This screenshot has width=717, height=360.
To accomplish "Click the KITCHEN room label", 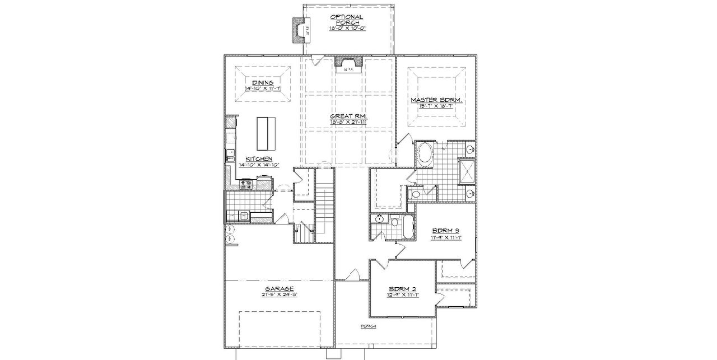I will pyautogui.click(x=255, y=159).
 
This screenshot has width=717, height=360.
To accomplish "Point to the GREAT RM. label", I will pyautogui.click(x=347, y=116).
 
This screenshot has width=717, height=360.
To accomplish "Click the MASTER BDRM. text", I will pyautogui.click(x=436, y=100).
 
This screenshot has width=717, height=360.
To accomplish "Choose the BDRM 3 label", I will pyautogui.click(x=446, y=231).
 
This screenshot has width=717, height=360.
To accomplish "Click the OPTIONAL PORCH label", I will pyautogui.click(x=347, y=20).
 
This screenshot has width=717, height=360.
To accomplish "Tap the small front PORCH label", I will pyautogui.click(x=368, y=326).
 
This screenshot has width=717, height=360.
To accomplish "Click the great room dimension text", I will pyautogui.click(x=347, y=121).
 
